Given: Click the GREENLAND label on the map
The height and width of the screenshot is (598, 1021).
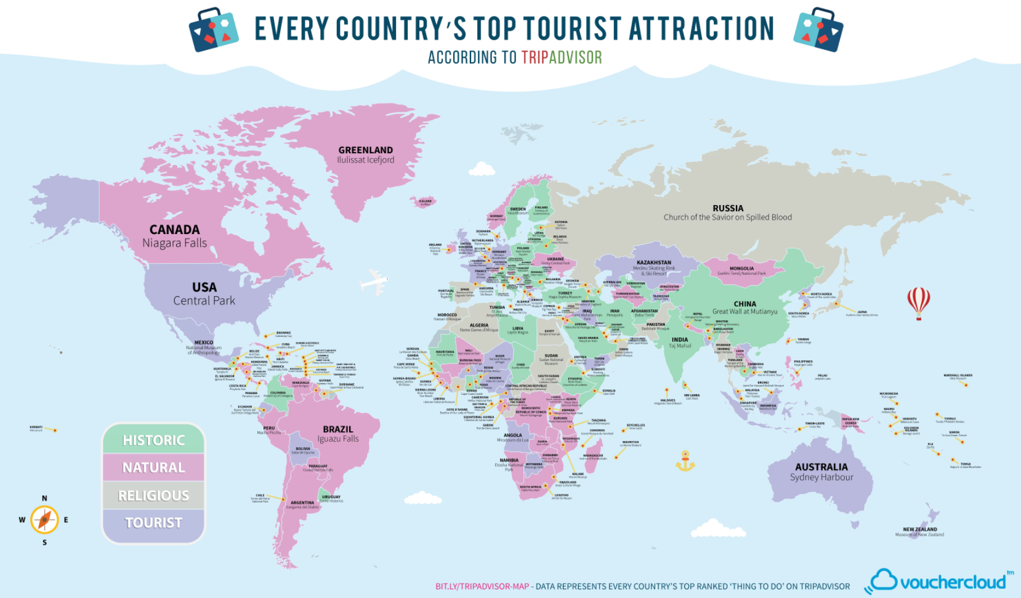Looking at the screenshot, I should (x=365, y=150).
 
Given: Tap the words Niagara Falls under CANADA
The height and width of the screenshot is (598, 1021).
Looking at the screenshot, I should (x=174, y=243).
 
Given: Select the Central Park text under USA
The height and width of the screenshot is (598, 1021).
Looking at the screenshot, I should (x=204, y=301).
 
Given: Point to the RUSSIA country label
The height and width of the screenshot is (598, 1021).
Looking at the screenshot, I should (x=727, y=208).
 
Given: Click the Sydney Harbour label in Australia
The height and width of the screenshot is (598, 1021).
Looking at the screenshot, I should (x=821, y=477).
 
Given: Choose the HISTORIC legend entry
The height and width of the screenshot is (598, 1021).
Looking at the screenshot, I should (x=153, y=440).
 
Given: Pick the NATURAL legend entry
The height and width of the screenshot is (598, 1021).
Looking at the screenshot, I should (x=153, y=467).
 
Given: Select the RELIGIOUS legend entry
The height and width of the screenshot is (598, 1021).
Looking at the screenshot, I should (x=153, y=495).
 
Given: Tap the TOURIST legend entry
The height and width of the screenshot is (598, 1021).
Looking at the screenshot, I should (x=153, y=523).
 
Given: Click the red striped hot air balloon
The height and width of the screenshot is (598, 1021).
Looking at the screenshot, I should (x=918, y=302).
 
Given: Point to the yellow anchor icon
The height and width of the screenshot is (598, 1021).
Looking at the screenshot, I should (x=685, y=461).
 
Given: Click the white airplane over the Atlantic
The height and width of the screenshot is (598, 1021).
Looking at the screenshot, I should (x=374, y=283).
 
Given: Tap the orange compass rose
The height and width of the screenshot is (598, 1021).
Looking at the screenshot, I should (x=44, y=520).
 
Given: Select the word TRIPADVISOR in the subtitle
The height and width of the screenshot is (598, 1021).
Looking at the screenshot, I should (x=562, y=57).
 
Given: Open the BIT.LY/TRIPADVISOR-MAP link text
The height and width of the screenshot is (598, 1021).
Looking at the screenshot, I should (x=482, y=586).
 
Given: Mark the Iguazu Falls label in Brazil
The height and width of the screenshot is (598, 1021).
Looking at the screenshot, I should (x=337, y=439).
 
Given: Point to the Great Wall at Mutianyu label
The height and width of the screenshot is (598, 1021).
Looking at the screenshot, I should (x=745, y=312).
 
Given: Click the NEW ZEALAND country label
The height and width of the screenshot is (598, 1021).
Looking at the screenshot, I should (x=919, y=529).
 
